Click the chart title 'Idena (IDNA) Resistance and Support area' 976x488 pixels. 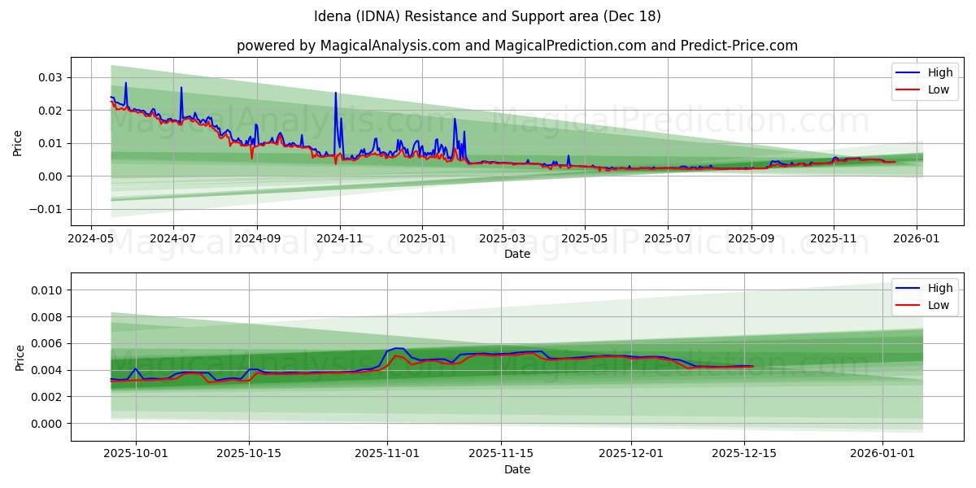(x=487, y=16)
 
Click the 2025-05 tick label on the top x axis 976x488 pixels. (x=585, y=240)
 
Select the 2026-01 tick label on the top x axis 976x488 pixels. (x=917, y=240)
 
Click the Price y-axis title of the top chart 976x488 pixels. (x=18, y=143)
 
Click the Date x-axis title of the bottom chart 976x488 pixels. (x=516, y=469)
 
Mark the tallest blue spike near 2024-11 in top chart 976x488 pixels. (x=335, y=93)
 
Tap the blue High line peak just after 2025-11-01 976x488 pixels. (x=398, y=348)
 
